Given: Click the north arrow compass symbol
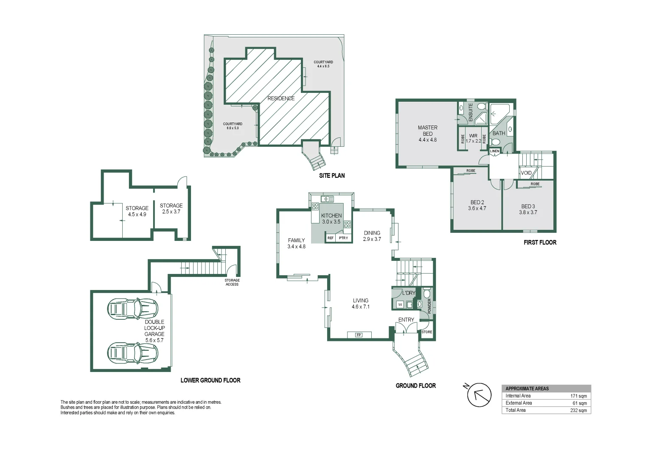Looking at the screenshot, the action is coord(479,395).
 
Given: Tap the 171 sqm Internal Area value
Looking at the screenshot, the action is coord(578,396).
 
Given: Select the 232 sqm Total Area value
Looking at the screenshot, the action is coord(578,411).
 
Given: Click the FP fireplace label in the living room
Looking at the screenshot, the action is coord(359,335).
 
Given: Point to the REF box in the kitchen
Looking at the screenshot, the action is coord(330,238).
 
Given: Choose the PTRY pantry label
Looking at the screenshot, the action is coord(343,238).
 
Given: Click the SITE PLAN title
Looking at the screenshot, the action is coord(332,176).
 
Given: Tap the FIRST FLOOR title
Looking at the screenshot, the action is coord(540,243).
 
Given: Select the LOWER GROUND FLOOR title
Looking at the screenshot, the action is coord(210,380).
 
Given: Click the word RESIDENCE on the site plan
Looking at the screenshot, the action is coord(281,98).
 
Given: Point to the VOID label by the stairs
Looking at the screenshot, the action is coord(526,173).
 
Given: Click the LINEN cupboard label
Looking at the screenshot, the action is coord(495,151).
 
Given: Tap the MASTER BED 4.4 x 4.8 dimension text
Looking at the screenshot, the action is coord(428,140).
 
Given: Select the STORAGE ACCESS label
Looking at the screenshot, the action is coord(232,282).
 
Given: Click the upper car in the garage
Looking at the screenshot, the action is coord(132,309).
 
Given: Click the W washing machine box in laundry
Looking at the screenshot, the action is coord(400,304).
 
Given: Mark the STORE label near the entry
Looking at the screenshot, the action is coord(427,332).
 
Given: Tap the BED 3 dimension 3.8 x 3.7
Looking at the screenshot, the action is coord(528,212).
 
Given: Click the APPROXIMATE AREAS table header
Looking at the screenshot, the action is coord(527,388).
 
